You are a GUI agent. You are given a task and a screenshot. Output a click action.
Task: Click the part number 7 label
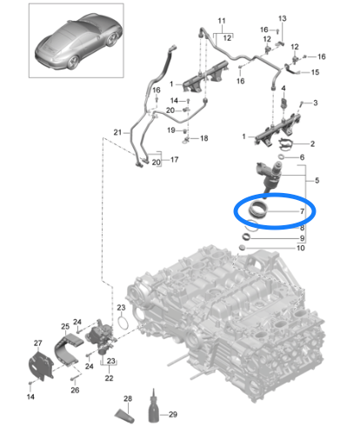click(302, 211)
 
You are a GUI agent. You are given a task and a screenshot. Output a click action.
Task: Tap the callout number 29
click(173, 415)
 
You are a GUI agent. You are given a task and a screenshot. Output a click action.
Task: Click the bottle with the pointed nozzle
click(154, 407)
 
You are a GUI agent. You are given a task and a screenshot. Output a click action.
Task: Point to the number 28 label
click(128, 398)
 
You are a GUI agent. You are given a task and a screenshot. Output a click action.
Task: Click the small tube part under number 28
click(124, 416)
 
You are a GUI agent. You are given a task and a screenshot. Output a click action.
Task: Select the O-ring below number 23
click(123, 323)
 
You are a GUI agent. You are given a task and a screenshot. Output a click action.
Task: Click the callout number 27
click(38, 343)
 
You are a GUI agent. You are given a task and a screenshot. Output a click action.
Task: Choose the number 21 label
click(117, 132)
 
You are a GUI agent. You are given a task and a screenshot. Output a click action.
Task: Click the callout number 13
click(283, 18)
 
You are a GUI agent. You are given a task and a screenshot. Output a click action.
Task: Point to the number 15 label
click(315, 72)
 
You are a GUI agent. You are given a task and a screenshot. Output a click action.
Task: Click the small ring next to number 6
click(281, 157)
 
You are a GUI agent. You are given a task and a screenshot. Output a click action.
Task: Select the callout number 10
click(301, 248)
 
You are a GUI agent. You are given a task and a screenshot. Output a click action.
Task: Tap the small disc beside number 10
click(243, 248)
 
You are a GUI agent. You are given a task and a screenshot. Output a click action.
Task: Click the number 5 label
click(317, 181)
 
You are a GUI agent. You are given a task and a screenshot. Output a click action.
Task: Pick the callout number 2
click(312, 143)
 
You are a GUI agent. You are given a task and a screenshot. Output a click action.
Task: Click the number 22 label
click(109, 378)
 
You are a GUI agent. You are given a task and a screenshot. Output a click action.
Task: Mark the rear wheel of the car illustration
click(73, 63)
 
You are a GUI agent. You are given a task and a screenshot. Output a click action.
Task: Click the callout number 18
click(204, 138)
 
